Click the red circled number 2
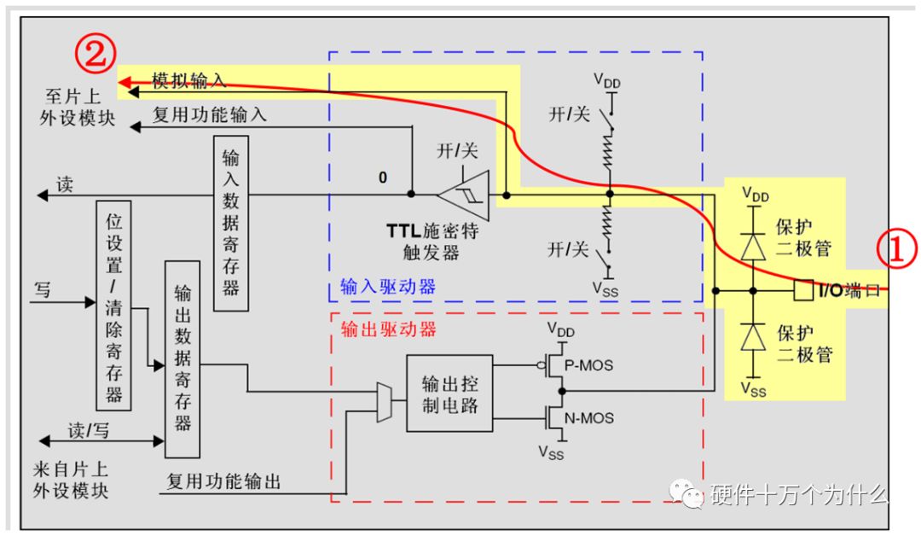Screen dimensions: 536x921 pyautogui.click(x=94, y=54)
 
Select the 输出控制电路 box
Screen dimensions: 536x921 pyautogui.click(x=449, y=393)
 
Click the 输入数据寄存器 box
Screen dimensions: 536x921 pyautogui.click(x=230, y=222)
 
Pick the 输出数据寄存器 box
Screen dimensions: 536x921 pyautogui.click(x=182, y=359)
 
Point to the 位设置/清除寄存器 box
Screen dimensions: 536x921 pyautogui.click(x=114, y=302)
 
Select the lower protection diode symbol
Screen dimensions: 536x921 pyautogui.click(x=752, y=339)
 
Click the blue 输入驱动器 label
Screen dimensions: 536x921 pyautogui.click(x=387, y=287)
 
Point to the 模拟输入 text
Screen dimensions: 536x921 pyautogui.click(x=188, y=81)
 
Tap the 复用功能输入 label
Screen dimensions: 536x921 pyautogui.click(x=209, y=114)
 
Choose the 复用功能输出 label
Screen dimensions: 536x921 pyautogui.click(x=223, y=482)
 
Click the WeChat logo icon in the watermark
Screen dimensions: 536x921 pyautogui.click(x=685, y=494)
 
